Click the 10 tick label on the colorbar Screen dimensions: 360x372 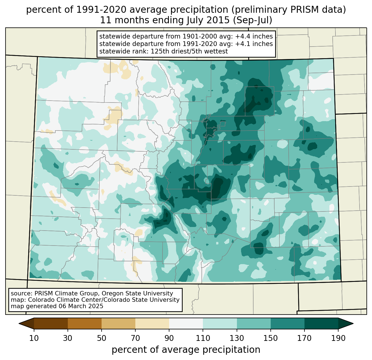[34, 338]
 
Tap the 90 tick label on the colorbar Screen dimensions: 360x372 [169, 338]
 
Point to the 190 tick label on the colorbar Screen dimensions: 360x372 [338, 338]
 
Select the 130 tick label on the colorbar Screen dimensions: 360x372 [237, 338]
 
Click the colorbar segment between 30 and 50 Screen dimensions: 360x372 [85, 323]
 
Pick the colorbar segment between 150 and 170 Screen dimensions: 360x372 [287, 323]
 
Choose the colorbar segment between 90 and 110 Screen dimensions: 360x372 [186, 323]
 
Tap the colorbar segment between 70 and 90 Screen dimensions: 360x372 [152, 323]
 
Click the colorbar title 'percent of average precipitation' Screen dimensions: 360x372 [186, 350]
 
